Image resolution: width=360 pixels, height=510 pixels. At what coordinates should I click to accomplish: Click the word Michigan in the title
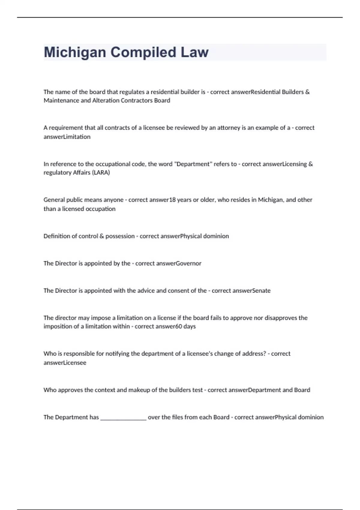coord(75,52)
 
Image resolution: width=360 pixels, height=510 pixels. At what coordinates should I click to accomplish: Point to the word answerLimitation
coord(67,137)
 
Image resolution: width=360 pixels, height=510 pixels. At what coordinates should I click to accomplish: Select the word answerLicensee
coord(65,363)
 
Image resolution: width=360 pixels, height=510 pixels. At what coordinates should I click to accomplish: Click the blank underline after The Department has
coord(123,418)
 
